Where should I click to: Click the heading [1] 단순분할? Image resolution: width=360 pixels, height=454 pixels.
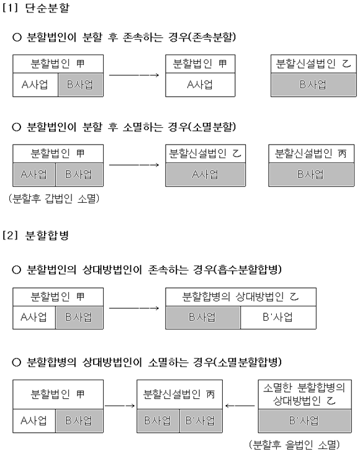click(36, 7)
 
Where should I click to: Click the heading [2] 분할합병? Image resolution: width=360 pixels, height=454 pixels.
click(35, 235)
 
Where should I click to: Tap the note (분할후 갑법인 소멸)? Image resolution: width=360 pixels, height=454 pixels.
click(54, 198)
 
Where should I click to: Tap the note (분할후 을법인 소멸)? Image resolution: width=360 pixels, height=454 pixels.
click(294, 444)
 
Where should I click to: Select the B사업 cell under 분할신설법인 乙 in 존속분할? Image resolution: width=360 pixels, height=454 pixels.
click(313, 84)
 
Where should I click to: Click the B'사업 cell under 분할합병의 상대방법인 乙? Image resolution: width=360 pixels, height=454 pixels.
click(278, 318)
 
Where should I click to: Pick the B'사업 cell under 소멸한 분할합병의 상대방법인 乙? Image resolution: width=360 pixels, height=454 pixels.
click(305, 421)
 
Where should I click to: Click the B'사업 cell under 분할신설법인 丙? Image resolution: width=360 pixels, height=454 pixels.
click(201, 421)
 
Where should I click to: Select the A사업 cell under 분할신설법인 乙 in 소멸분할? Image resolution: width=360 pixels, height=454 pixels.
click(205, 174)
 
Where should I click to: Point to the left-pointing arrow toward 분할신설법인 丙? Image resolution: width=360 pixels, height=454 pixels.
click(240, 406)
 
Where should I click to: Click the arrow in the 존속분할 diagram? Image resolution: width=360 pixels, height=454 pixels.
click(134, 75)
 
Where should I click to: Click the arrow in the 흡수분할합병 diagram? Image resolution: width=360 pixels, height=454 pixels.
click(134, 308)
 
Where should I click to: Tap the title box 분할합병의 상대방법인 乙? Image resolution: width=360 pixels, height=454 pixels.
click(241, 297)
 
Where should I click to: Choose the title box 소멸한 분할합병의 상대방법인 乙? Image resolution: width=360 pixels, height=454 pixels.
click(305, 394)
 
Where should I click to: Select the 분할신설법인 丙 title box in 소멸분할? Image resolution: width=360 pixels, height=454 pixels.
click(312, 153)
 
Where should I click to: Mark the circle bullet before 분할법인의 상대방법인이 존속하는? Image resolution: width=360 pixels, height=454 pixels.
click(17, 270)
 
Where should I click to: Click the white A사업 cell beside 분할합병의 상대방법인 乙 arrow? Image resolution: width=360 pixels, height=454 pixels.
click(34, 318)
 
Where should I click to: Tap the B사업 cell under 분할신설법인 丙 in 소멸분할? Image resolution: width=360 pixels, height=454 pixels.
click(312, 174)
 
